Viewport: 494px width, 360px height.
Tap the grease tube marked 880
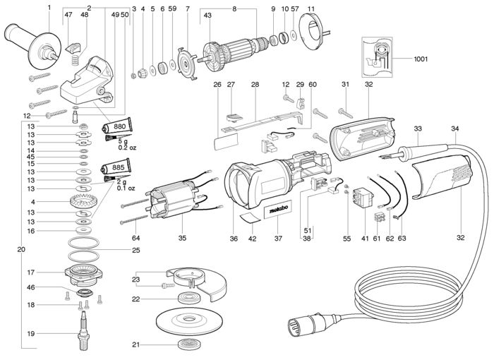click(x=116, y=126)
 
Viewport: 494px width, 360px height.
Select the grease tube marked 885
click(x=116, y=167)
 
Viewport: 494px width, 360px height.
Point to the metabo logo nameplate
click(x=278, y=210)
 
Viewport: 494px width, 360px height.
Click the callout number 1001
click(x=421, y=59)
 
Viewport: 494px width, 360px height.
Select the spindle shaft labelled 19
click(x=83, y=330)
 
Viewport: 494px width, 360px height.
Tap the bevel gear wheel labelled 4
click(x=83, y=201)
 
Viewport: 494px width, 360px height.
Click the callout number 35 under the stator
click(x=182, y=238)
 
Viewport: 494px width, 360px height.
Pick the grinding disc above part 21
click(x=188, y=322)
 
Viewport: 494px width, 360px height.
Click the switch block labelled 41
click(x=363, y=198)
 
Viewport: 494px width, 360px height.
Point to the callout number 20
click(x=21, y=250)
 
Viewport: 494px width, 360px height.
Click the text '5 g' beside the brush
click(x=123, y=142)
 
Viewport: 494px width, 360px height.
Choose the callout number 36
click(x=234, y=239)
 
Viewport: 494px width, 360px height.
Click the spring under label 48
click(x=75, y=59)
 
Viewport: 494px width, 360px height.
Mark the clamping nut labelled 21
click(x=188, y=344)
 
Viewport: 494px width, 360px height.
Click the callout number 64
click(x=135, y=238)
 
